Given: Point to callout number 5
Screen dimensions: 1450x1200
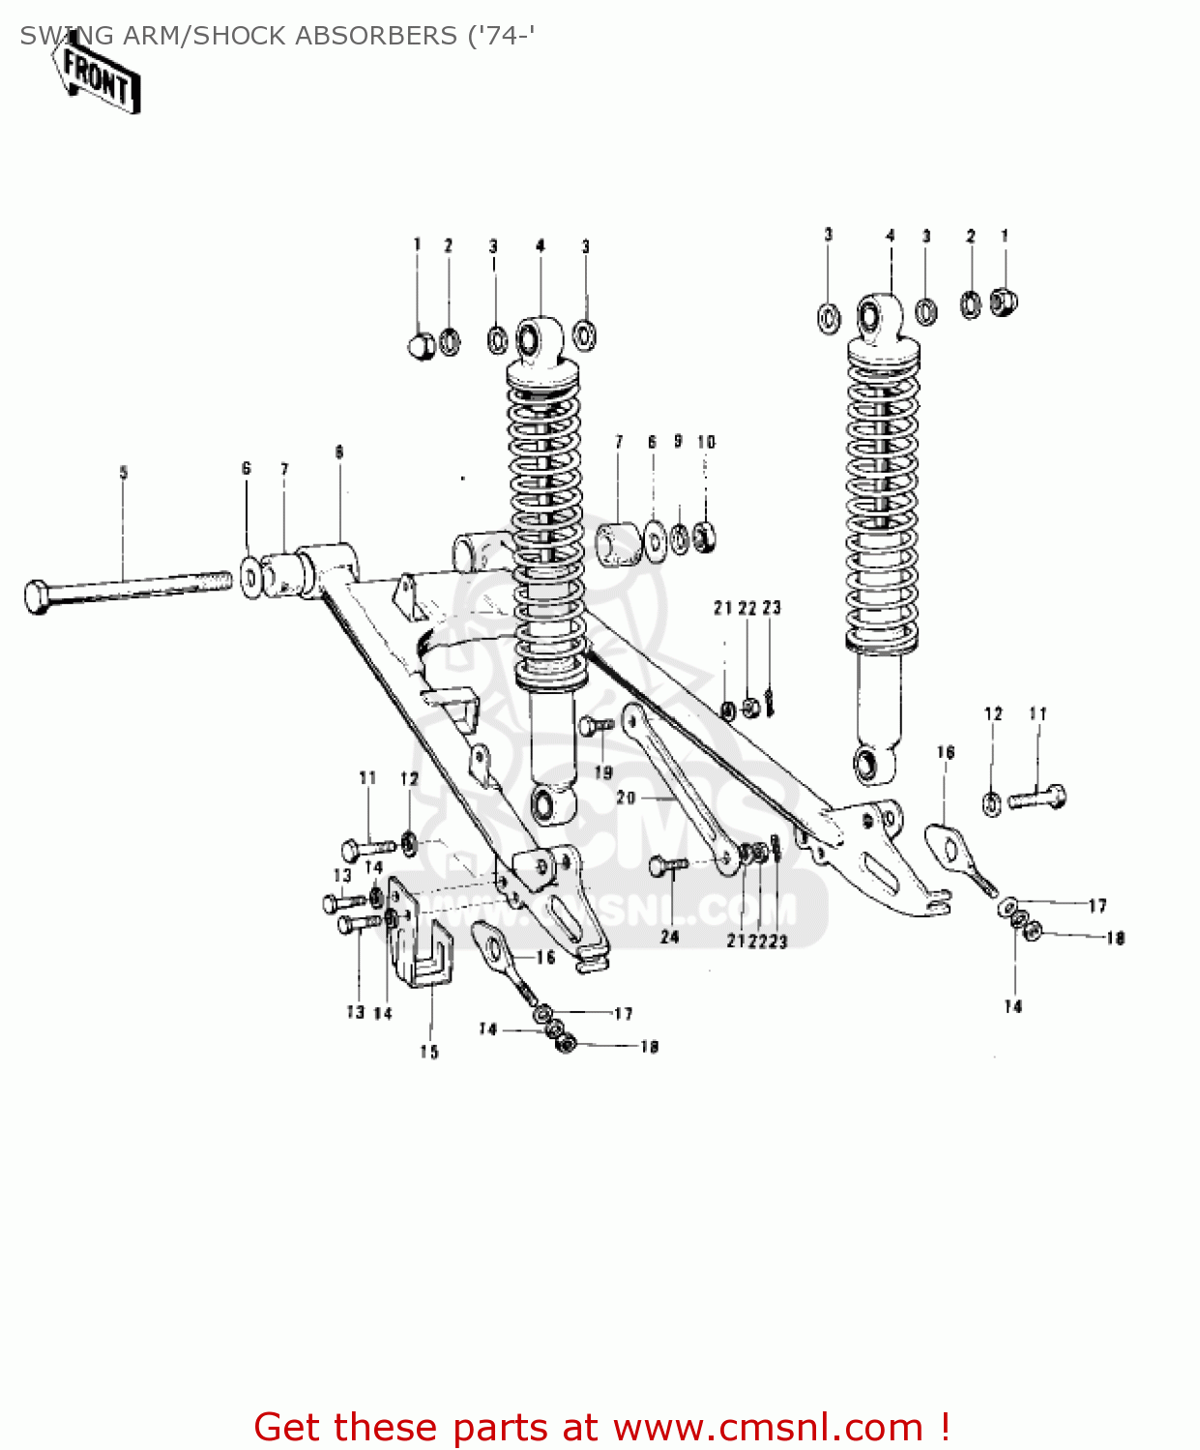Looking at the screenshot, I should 123,473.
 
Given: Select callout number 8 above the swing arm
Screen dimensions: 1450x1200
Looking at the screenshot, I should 339,452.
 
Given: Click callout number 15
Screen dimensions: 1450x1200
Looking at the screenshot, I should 428,1052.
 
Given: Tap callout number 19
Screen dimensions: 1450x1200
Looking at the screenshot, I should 603,772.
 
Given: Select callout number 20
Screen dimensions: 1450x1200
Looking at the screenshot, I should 626,797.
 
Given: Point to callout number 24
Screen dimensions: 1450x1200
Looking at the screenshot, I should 669,936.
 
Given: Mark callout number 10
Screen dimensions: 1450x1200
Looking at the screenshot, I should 707,442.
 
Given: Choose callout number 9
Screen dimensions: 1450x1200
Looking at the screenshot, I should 678,441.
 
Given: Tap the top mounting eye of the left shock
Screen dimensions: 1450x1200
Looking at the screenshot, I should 530,339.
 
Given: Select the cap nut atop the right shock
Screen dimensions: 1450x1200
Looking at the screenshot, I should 1005,302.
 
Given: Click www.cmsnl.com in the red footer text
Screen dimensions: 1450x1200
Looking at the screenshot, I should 769,1427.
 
